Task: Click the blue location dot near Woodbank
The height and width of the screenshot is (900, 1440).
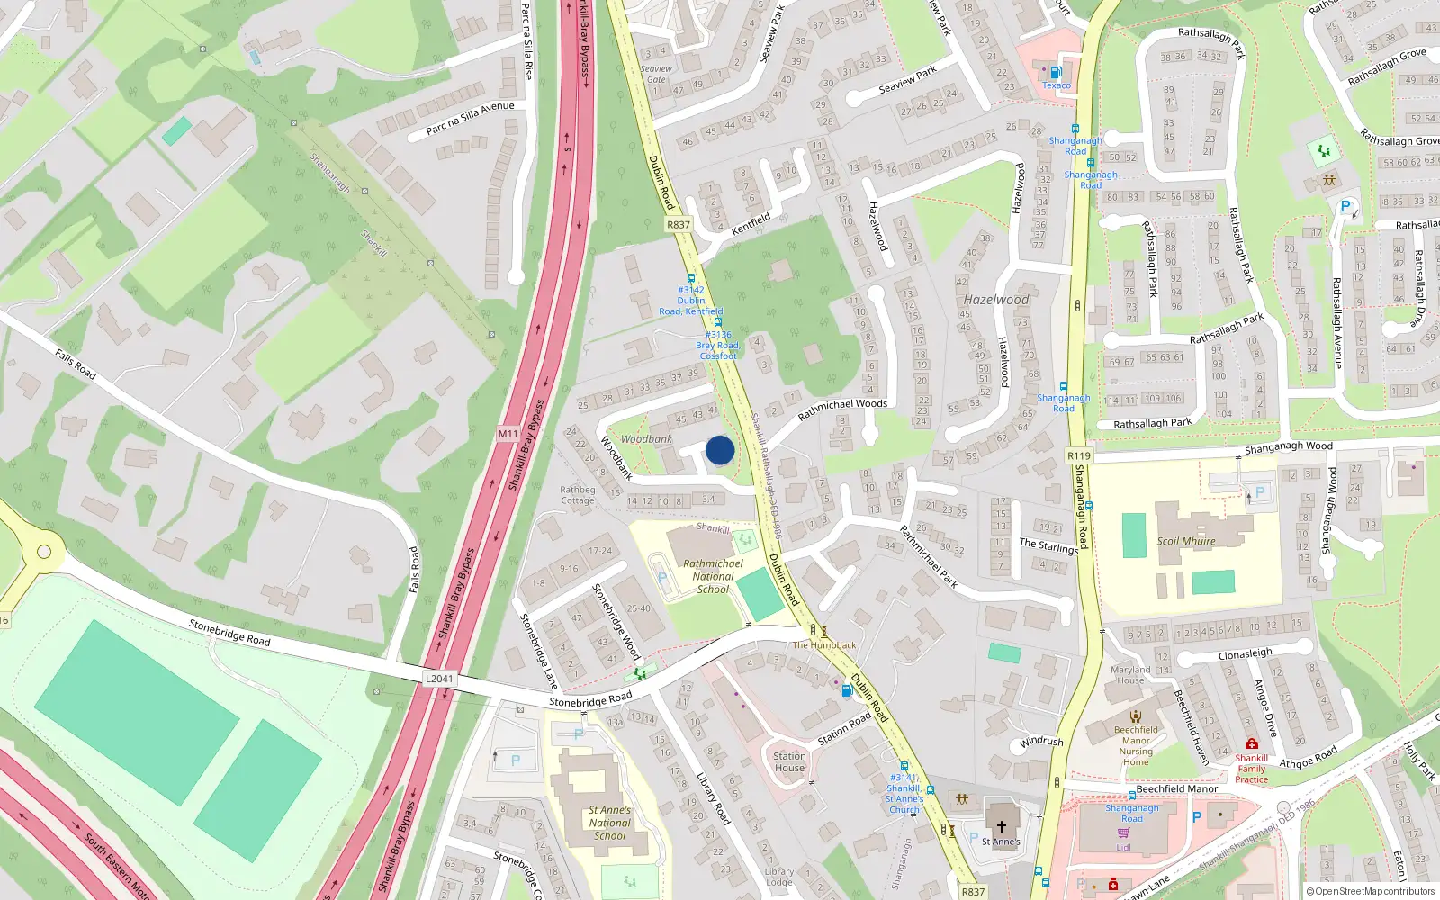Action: pyautogui.click(x=720, y=450)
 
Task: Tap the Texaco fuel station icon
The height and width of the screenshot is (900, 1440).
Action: pyautogui.click(x=1056, y=72)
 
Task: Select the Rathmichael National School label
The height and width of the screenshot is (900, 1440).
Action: pyautogui.click(x=713, y=576)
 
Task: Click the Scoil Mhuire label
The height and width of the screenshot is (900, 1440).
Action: pyautogui.click(x=1186, y=541)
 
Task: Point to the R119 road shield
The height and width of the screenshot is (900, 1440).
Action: pyautogui.click(x=1079, y=455)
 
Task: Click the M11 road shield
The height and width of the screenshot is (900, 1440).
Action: pyautogui.click(x=508, y=434)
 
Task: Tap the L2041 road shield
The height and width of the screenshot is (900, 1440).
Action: pyautogui.click(x=439, y=679)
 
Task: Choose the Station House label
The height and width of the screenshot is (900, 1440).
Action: pyautogui.click(x=789, y=762)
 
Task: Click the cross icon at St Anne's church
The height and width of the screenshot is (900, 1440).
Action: pyautogui.click(x=1001, y=825)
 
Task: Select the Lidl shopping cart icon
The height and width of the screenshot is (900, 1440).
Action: pyautogui.click(x=1123, y=833)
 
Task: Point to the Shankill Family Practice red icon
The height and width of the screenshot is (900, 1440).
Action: pyautogui.click(x=1251, y=744)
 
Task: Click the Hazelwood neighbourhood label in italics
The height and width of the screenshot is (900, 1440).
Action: pyautogui.click(x=995, y=300)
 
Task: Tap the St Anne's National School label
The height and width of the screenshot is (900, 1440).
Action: pyautogui.click(x=609, y=823)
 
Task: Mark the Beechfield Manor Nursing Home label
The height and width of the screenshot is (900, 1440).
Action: pyautogui.click(x=1136, y=746)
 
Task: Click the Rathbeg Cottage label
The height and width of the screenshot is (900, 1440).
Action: pyautogui.click(x=578, y=495)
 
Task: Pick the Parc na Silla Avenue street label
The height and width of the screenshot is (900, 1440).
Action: pyautogui.click(x=470, y=119)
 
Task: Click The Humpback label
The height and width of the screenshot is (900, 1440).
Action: pyautogui.click(x=824, y=645)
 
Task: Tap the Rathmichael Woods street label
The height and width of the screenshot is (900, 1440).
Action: pyautogui.click(x=842, y=409)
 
